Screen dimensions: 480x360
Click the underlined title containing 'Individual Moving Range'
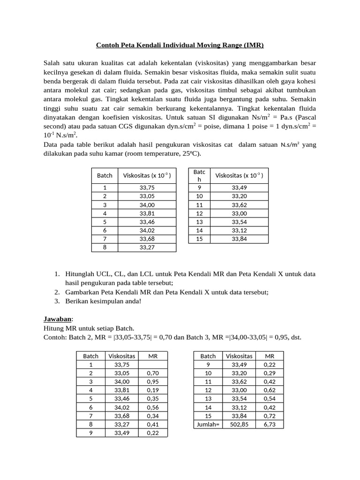(180, 45)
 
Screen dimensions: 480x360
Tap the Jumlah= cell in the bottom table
(208, 424)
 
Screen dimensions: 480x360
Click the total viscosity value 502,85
(239, 424)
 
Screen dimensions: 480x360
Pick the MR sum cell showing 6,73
(270, 424)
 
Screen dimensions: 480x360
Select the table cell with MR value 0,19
(153, 390)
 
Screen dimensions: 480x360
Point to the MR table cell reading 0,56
(153, 407)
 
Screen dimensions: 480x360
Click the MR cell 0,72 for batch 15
(270, 416)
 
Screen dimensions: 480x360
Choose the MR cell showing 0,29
(270, 373)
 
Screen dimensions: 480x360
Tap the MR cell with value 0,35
(153, 398)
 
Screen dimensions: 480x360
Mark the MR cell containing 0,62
(270, 390)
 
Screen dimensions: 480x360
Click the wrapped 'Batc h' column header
(199, 176)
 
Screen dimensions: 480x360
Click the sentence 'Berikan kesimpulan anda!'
(98, 301)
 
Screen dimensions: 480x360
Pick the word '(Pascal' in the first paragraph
(305, 118)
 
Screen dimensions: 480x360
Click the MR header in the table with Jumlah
(270, 356)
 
